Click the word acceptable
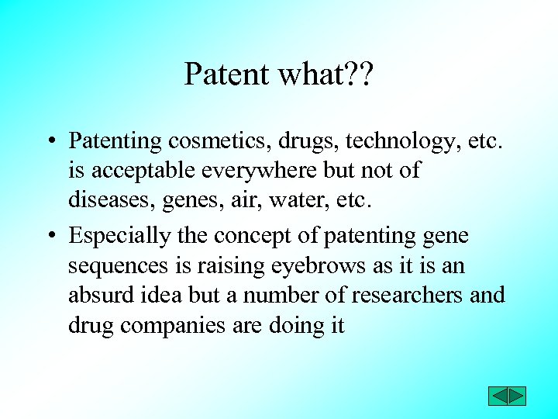(144, 171)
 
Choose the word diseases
(112, 201)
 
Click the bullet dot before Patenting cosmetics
(49, 142)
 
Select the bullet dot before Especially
(49, 235)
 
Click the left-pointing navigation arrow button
(498, 396)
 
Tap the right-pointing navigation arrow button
(517, 396)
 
